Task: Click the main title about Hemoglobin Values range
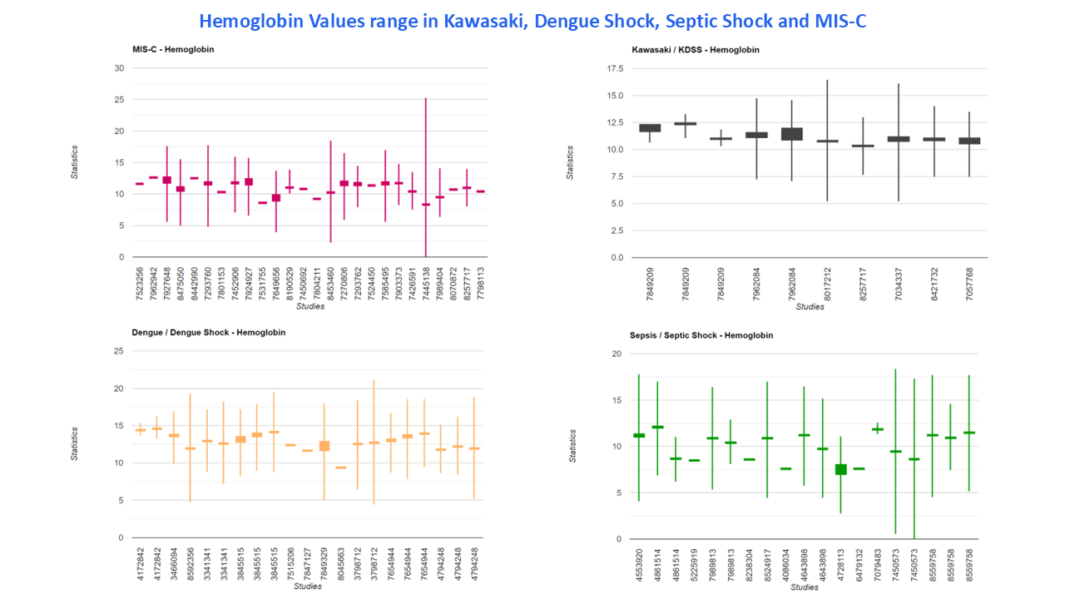point(532,21)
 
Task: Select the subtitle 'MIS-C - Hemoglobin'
point(173,49)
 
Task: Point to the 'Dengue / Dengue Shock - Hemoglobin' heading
point(209,332)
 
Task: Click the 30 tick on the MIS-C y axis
point(119,68)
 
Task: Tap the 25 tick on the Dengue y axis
point(119,351)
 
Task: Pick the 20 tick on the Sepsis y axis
point(617,354)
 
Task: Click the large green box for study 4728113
point(840,469)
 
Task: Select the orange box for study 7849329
point(324,446)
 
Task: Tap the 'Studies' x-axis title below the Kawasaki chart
point(810,306)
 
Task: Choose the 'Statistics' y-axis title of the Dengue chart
point(74,444)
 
